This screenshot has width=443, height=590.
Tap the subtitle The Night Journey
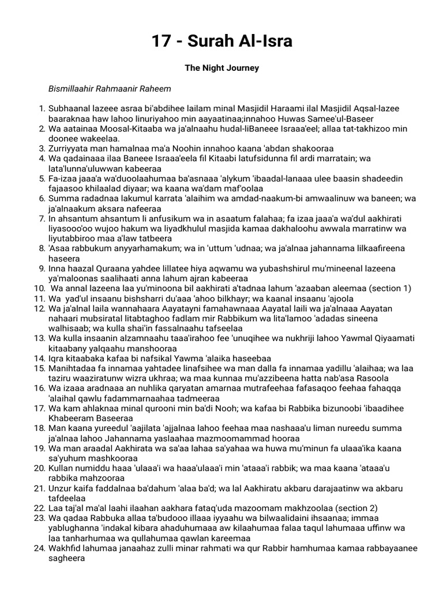pyautogui.click(x=221, y=68)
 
